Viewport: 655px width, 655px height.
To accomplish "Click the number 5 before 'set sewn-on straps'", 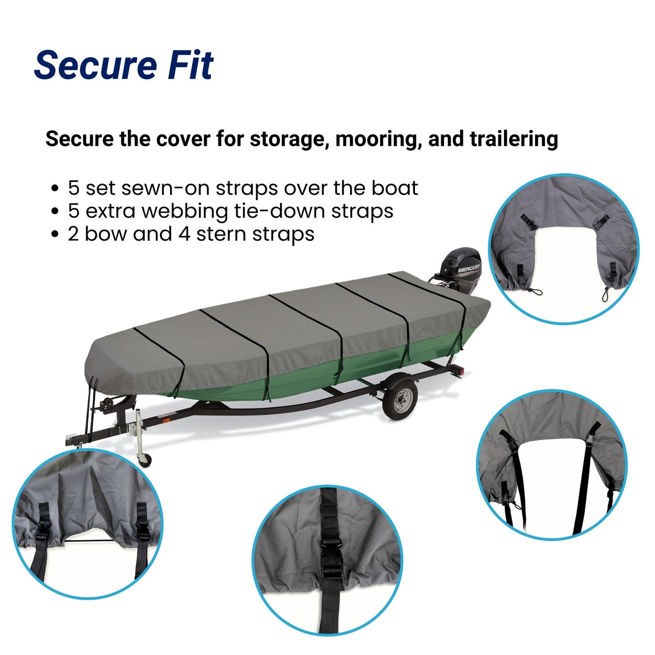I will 73,188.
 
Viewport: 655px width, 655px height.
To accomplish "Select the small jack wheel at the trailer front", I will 145,460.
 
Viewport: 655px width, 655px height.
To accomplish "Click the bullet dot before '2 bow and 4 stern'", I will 54,235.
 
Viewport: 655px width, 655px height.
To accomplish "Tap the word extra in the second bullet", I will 111,211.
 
